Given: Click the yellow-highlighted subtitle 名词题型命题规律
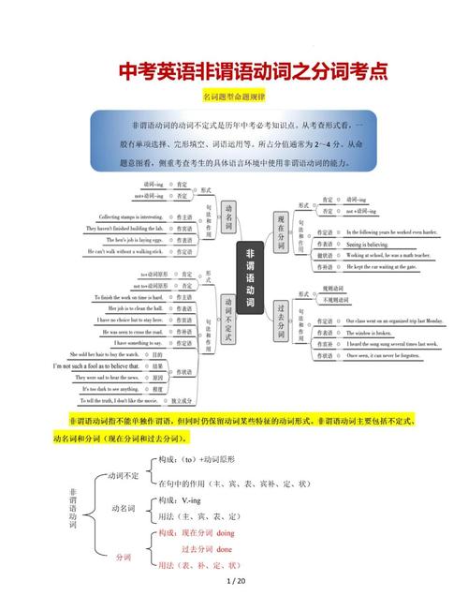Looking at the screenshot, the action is pos(233,97).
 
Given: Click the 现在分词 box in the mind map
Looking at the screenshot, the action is pos(280,231).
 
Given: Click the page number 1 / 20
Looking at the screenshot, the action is pos(235,582).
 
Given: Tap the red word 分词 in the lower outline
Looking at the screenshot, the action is pos(124,558).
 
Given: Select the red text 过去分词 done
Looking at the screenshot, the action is pos(207,548).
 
